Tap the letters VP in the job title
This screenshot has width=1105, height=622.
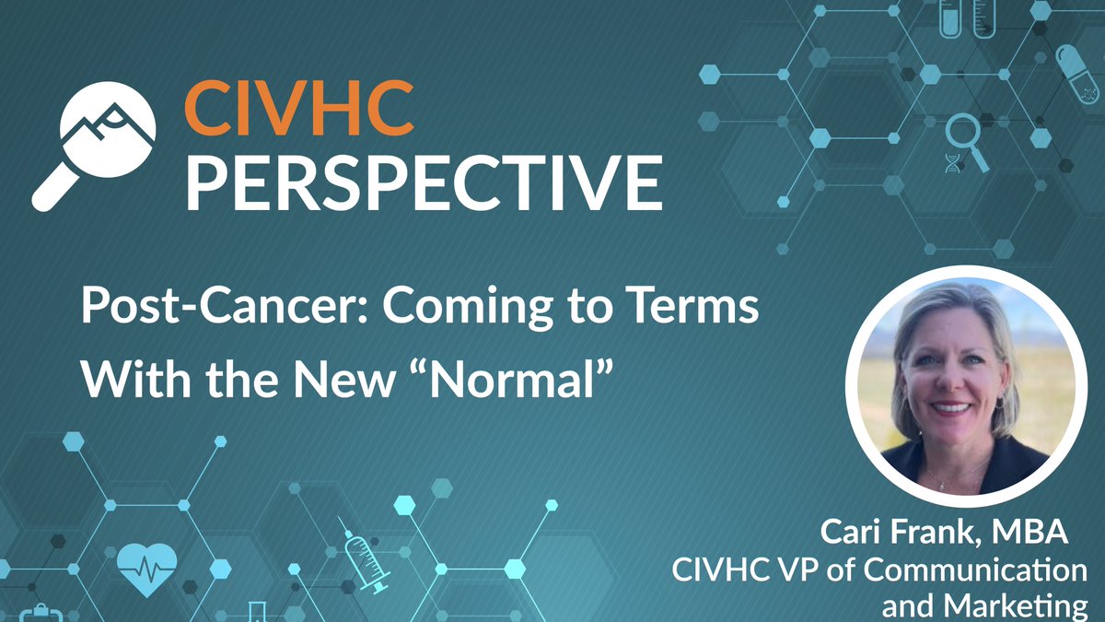click(x=789, y=570)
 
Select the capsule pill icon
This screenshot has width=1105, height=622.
click(x=1078, y=74)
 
